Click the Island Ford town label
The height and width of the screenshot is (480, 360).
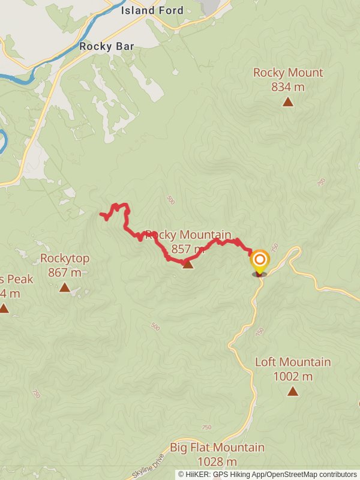coord(152,10)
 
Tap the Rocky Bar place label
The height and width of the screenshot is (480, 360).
coord(106,46)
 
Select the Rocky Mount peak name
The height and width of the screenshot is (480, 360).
coord(288,73)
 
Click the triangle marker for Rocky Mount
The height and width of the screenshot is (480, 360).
coord(288,102)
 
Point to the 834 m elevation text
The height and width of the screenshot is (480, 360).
coord(288,87)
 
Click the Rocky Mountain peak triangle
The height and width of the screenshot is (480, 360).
coord(188,263)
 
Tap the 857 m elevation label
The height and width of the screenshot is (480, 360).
coord(188,249)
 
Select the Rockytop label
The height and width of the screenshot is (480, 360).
coord(65,259)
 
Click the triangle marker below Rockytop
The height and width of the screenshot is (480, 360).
coord(65,287)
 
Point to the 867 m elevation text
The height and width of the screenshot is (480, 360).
coord(65,273)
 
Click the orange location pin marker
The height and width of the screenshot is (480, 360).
coord(260,261)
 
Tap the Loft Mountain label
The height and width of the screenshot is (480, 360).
coord(293,362)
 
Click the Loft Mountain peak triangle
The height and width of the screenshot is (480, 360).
coord(292,391)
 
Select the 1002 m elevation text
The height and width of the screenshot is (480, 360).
coord(293,377)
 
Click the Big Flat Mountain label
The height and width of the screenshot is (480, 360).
coord(217,448)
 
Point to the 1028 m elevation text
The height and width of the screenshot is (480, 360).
coord(217,462)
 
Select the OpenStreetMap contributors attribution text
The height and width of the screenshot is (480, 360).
coord(312,475)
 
